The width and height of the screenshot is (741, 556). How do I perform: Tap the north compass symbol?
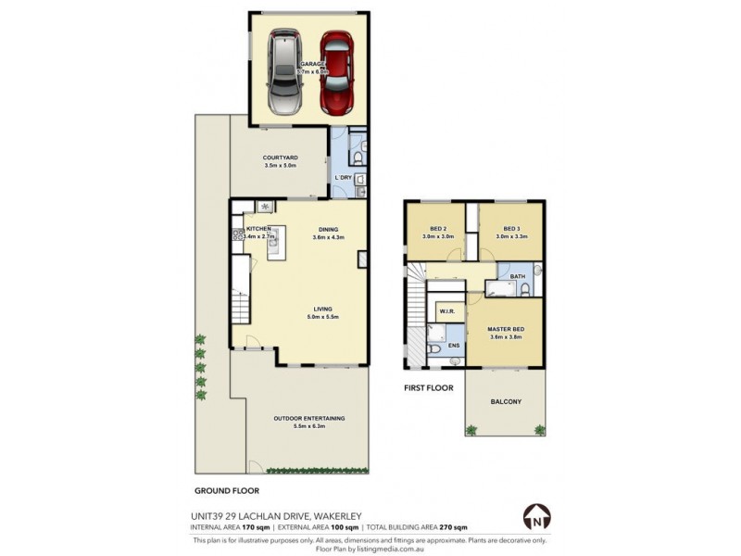535,516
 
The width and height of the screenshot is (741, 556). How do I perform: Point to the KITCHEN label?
257,229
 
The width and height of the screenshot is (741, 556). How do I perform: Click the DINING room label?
329,230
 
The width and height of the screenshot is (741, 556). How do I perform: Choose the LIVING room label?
322,310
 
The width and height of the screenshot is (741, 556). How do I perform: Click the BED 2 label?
439,229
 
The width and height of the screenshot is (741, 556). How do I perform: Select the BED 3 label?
511,229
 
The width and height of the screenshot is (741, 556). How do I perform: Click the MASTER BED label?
506,329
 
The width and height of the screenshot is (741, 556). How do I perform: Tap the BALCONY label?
506,401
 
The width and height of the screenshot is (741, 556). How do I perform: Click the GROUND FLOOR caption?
226,490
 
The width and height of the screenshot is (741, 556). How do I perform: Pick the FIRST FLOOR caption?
428,387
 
